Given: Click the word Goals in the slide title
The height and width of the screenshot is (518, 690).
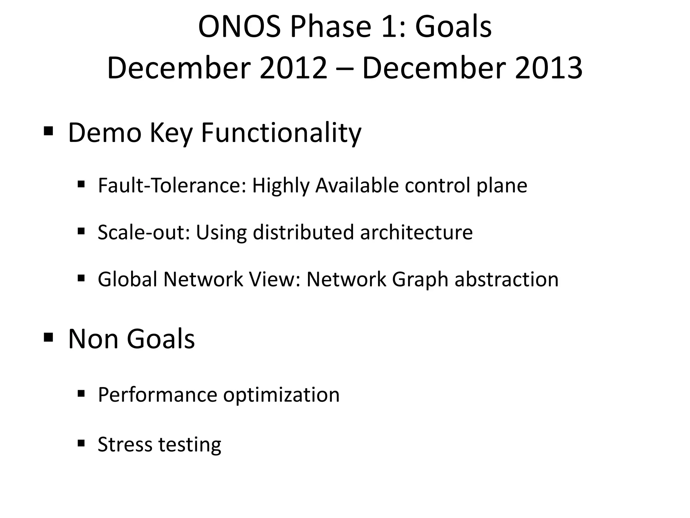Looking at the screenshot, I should coord(453,27).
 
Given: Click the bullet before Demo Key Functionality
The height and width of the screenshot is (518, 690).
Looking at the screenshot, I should coord(49,131).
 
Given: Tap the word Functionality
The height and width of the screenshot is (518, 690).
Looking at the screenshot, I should coord(281,133).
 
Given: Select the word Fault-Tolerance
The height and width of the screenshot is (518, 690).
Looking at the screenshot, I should coord(171,185).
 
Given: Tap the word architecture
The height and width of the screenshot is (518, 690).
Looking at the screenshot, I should coord(416,232).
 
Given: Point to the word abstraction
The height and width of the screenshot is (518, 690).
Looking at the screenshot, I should coord(506,279).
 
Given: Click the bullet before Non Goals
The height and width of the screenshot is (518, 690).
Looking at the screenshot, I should coord(49,337).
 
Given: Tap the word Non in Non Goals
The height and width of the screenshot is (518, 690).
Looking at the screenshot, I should coord(93,339).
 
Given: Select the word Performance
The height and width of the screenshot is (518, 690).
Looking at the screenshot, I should coord(157,395).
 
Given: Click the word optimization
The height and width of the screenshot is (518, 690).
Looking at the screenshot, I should coord(281,395).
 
